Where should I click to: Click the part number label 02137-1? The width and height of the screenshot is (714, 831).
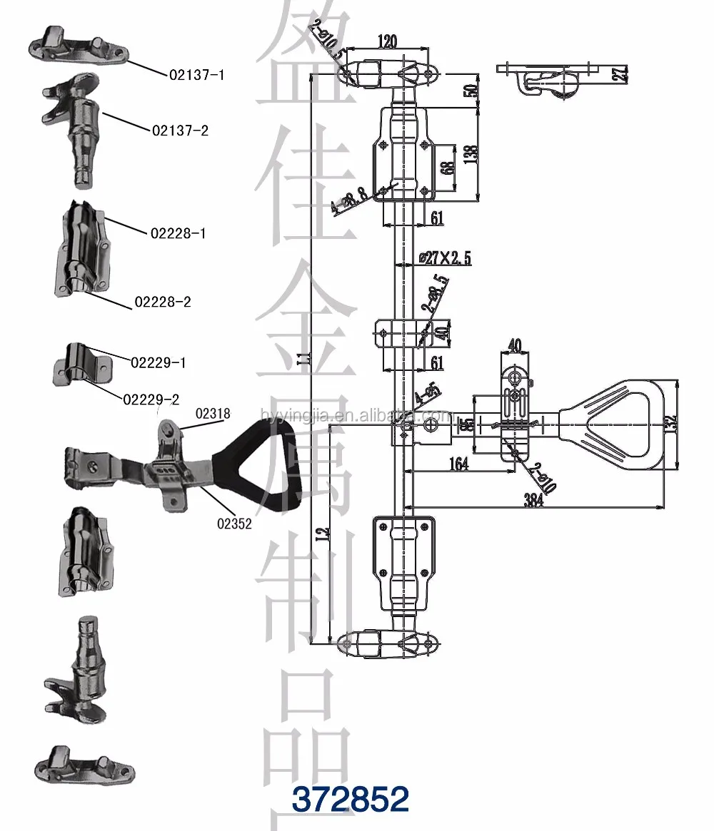click(x=196, y=74)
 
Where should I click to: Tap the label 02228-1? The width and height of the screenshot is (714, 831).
click(x=178, y=233)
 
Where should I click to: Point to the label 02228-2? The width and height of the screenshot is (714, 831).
click(x=162, y=302)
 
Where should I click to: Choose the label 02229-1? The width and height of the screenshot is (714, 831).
click(x=159, y=362)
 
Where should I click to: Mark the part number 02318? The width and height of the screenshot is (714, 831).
click(x=215, y=414)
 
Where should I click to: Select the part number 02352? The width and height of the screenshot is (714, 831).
click(x=234, y=523)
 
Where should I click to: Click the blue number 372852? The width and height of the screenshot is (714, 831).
click(x=350, y=800)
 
